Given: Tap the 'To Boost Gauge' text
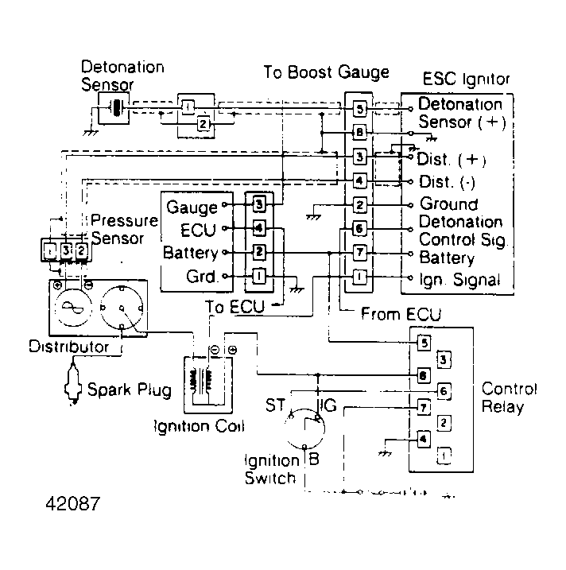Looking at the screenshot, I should coord(326,73).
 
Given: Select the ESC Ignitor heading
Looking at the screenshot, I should coord(466,79).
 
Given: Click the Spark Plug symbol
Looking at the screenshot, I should coord(76,389).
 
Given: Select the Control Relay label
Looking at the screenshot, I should coord(510,398).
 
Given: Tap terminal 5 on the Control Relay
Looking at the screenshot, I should coord(424,343).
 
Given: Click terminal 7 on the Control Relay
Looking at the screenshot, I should coord(424,407).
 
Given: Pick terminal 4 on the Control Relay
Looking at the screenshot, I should coord(424,438).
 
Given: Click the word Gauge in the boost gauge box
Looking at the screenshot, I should coord(192,207).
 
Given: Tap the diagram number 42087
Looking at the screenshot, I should coord(68,504).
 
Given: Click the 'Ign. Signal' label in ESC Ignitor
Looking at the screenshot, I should coord(459,279).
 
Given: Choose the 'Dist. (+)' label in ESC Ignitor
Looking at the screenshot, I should coord(451,159).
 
